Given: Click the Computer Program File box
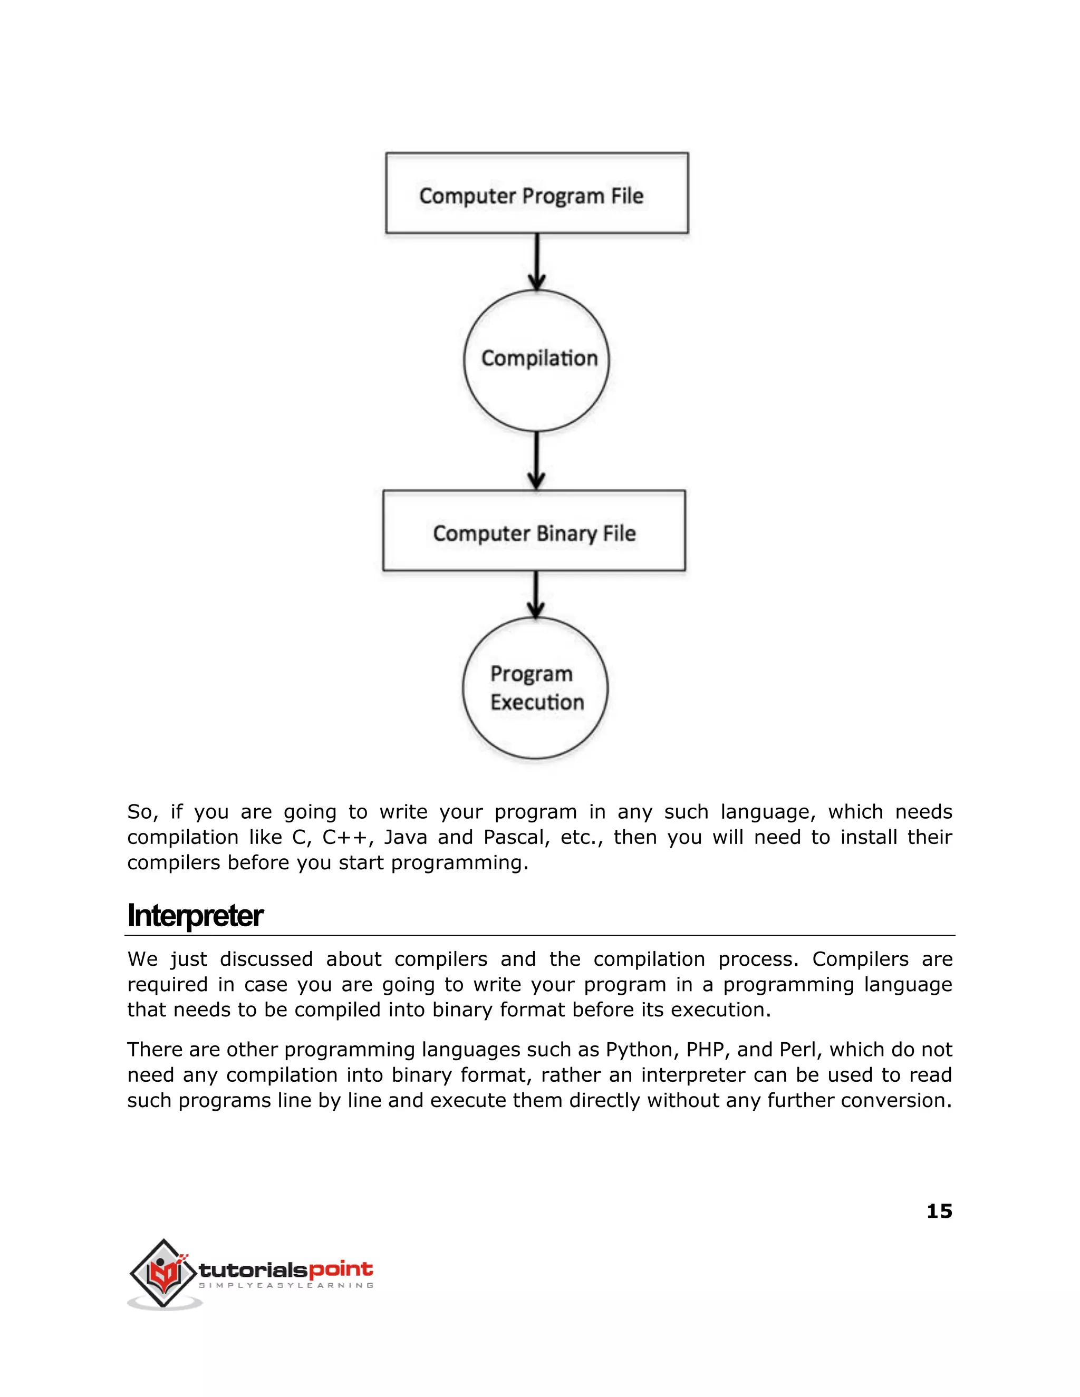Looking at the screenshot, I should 537,193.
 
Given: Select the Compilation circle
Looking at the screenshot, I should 537,360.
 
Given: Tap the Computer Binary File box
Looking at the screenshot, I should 534,531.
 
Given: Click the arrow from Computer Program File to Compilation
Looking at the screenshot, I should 537,261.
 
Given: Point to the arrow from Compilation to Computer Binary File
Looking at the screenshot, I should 536,461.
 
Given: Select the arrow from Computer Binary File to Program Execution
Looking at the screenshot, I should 536,594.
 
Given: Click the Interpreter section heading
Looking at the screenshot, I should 195,915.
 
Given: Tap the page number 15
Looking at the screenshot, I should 939,1211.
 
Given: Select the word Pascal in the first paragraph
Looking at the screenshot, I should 516,837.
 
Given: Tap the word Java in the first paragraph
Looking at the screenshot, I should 405,837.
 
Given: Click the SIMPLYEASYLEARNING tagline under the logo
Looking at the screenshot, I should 286,1286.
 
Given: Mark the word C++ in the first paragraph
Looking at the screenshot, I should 348,837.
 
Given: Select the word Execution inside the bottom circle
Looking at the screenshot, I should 537,702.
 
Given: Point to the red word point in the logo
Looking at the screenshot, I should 340,1269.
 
